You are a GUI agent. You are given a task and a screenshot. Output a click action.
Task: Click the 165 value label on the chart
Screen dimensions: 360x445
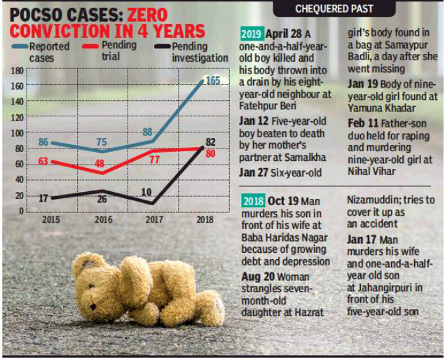tap(213, 81)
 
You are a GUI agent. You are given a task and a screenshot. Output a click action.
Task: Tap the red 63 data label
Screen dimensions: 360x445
tap(43, 162)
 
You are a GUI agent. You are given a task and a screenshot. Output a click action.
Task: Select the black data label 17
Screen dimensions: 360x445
tap(43, 198)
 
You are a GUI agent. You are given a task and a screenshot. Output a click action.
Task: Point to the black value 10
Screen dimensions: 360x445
tap(146, 192)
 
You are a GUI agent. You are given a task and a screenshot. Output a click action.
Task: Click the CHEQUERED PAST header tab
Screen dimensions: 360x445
tap(334, 9)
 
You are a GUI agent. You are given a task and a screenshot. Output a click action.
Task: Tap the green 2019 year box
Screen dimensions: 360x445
tap(252, 34)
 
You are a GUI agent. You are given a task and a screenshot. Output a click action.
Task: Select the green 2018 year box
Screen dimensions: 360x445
tap(252, 199)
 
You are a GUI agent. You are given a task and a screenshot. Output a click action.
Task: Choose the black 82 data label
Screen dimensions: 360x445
tap(210, 142)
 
